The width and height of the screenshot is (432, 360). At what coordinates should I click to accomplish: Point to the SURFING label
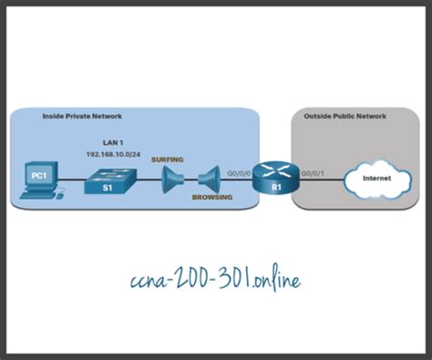[x=168, y=159]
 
